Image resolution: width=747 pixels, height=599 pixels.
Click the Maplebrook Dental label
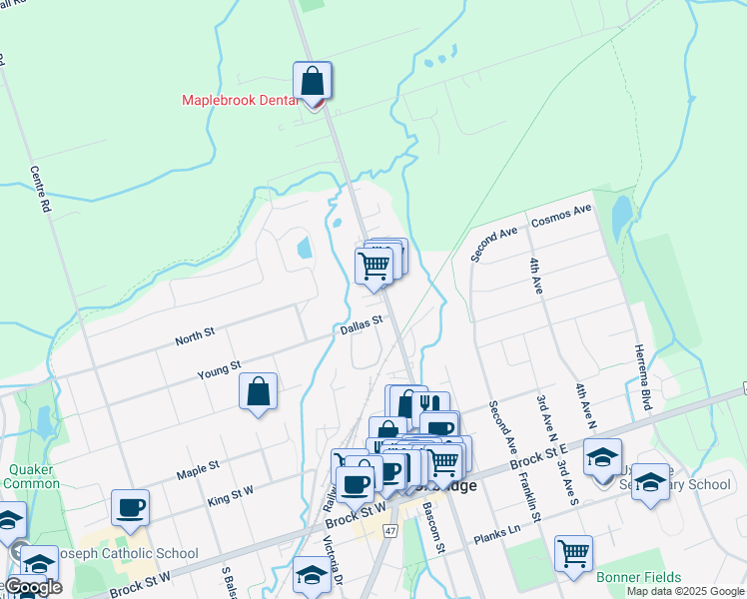(x=240, y=100)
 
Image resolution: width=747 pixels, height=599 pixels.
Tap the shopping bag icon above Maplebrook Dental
(x=312, y=80)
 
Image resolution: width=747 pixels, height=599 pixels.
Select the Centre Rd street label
(x=40, y=190)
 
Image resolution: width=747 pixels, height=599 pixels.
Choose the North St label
(x=195, y=337)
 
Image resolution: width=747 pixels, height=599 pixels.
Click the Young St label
(x=219, y=370)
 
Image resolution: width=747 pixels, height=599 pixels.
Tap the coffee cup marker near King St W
(x=130, y=507)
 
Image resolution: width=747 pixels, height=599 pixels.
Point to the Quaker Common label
(x=32, y=476)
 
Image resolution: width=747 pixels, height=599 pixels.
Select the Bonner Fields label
(x=638, y=577)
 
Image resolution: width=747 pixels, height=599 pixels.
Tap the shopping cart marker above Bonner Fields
(x=573, y=553)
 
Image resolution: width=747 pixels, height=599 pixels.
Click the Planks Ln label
(x=498, y=530)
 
